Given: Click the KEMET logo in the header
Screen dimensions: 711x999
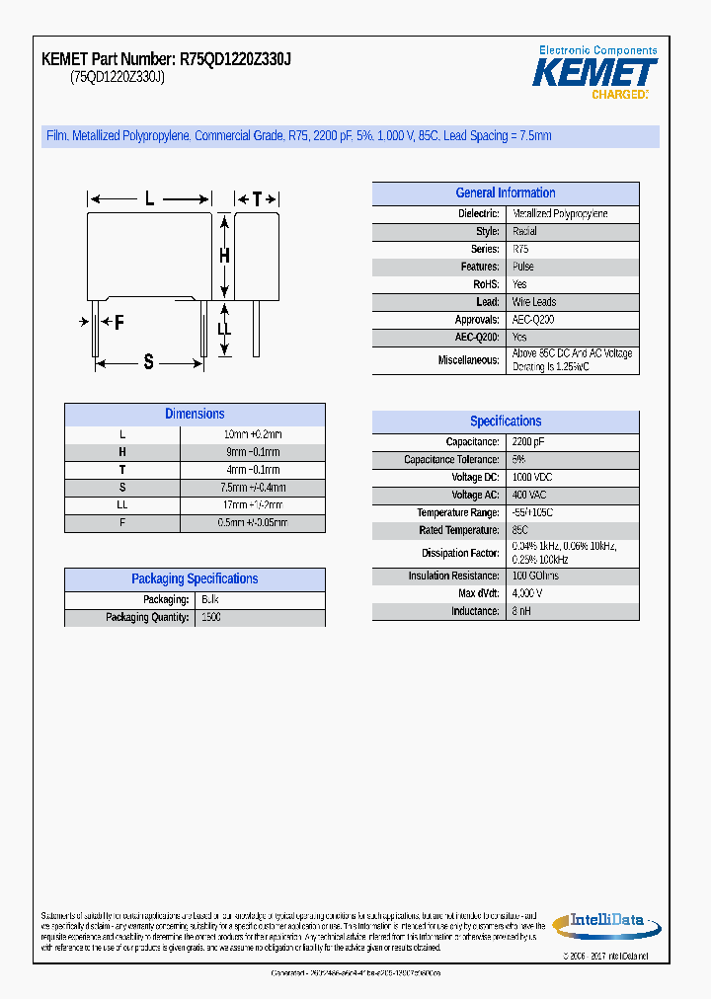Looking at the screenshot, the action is click(x=594, y=72).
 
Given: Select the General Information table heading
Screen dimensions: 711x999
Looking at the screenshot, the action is click(x=506, y=193).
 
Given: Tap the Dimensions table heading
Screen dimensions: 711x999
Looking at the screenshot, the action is click(x=195, y=415).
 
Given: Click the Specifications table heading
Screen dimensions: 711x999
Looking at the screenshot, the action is click(x=506, y=422).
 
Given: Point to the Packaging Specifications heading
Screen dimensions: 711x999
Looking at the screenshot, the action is click(x=195, y=579).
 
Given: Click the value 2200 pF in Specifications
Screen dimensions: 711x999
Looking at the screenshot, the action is click(x=528, y=442).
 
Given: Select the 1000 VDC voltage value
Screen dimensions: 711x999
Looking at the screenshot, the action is click(x=532, y=478).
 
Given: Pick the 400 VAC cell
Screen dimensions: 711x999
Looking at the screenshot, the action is click(x=529, y=496).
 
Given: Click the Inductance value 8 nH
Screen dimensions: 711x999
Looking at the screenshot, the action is click(x=521, y=612).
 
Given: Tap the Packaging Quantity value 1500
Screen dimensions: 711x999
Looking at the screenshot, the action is click(x=210, y=618).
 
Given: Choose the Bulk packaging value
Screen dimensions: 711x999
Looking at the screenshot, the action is click(x=210, y=600).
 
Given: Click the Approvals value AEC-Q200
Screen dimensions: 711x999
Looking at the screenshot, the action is click(x=533, y=320).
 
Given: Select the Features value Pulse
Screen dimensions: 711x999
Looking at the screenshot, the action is click(x=523, y=267).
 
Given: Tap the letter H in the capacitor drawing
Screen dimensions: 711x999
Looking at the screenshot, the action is click(x=224, y=256).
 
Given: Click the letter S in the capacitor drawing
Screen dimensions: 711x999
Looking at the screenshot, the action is click(x=149, y=361).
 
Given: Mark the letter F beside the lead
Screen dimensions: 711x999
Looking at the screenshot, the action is click(x=118, y=322).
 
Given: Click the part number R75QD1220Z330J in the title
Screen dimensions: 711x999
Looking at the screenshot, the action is click(x=235, y=59).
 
